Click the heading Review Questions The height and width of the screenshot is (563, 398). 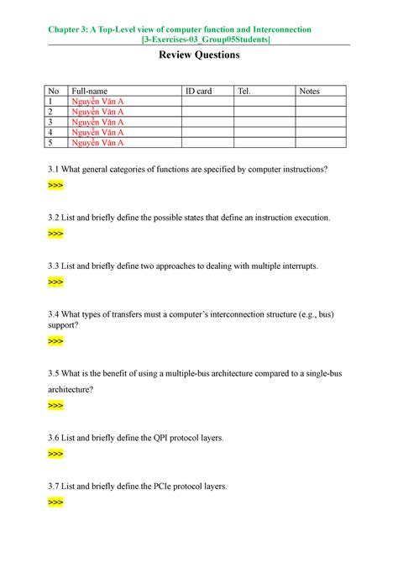pyautogui.click(x=199, y=55)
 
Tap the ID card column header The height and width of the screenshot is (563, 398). pyautogui.click(x=198, y=91)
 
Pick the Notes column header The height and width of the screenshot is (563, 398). pyautogui.click(x=310, y=91)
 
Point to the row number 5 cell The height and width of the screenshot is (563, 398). pyautogui.click(x=55, y=142)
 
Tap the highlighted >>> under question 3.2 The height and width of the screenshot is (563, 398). pyautogui.click(x=55, y=234)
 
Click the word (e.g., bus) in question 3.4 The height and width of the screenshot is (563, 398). pyautogui.click(x=314, y=313)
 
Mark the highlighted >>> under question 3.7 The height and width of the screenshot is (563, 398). pyautogui.click(x=55, y=502)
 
